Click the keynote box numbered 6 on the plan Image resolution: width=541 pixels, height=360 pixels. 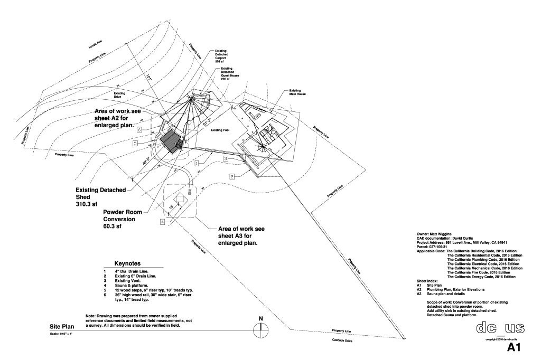pyautogui.click(x=139, y=129)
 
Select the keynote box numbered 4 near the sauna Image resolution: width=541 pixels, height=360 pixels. pyautogui.click(x=163, y=223)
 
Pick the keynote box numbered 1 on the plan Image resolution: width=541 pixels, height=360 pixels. pyautogui.click(x=196, y=164)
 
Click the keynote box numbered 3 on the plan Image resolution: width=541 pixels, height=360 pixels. pyautogui.click(x=225, y=158)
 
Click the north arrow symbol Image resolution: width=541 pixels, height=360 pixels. pyautogui.click(x=260, y=330)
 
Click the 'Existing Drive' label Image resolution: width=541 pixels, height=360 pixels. pyautogui.click(x=119, y=95)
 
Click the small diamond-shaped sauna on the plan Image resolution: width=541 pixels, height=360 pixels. pyautogui.click(x=180, y=198)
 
